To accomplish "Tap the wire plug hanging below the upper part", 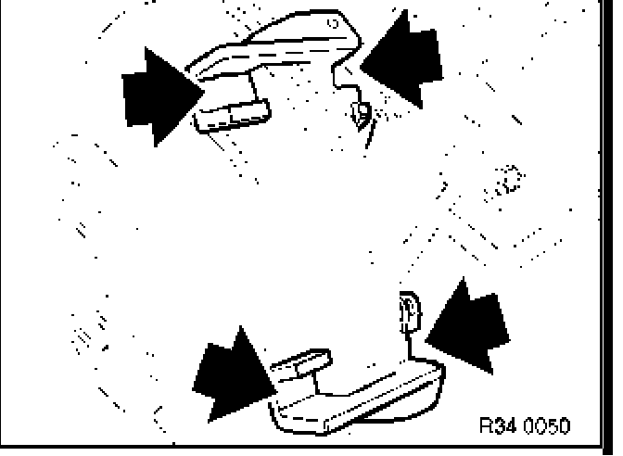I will (361, 115).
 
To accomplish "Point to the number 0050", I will (547, 424).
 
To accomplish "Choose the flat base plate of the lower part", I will (362, 399).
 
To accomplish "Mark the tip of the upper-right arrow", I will (362, 67).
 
